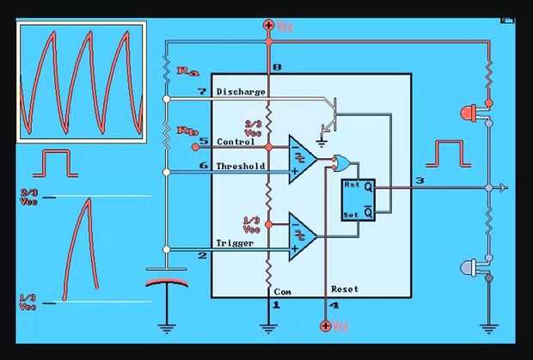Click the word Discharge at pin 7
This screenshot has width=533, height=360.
[241, 91]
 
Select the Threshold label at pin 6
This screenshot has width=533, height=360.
[242, 166]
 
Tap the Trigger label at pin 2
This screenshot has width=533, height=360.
[236, 243]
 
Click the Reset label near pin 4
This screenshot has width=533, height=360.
[345, 290]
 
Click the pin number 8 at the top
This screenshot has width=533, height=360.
[276, 67]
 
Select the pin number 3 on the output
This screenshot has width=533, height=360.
[419, 180]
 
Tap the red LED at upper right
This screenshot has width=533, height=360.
[469, 112]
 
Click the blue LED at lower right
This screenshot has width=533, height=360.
[469, 266]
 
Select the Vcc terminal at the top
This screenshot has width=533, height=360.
[269, 26]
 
